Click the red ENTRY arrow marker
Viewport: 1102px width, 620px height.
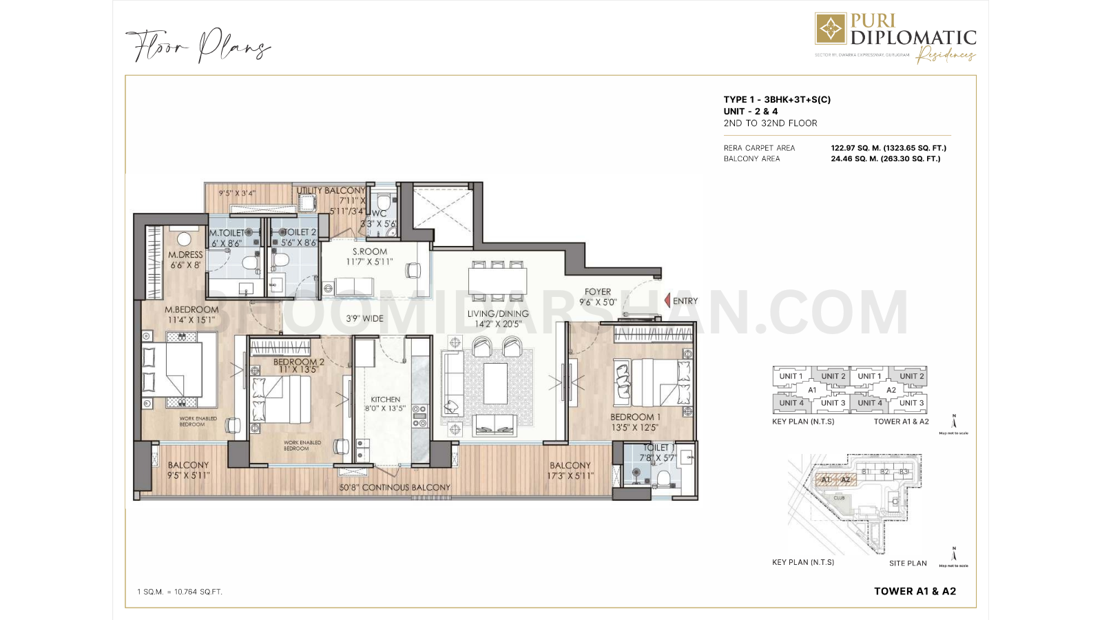coord(667,301)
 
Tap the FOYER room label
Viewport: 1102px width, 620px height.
coord(597,292)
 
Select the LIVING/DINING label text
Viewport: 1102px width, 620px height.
coord(498,314)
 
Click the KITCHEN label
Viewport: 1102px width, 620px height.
coord(385,400)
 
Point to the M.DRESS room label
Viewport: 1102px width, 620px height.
coord(185,255)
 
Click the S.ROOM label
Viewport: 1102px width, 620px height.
coord(370,252)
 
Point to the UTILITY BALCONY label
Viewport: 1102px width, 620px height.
coord(331,191)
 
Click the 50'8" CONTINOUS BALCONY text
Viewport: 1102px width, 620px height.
coord(395,488)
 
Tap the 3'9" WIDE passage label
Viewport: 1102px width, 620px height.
coord(364,319)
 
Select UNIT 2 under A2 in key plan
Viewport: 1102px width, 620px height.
coord(911,376)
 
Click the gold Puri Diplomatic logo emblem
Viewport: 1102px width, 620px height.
coord(831,29)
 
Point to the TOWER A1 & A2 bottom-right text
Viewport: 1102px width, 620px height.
coord(915,591)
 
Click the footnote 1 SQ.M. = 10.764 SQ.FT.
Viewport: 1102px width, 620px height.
coord(180,592)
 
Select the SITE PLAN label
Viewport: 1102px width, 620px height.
coord(908,564)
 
